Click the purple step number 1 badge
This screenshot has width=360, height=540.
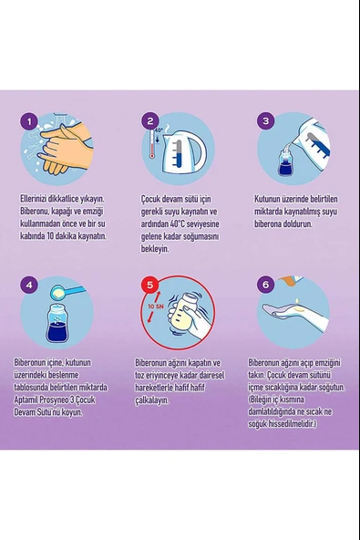[29, 121]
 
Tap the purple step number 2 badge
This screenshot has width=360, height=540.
[150, 121]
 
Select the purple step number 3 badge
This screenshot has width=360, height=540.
[266, 121]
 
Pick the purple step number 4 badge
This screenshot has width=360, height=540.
[29, 285]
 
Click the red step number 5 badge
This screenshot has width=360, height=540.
[150, 285]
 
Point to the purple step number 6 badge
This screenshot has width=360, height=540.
[266, 285]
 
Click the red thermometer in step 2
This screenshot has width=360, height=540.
[152, 144]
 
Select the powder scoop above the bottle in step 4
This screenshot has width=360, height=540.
[67, 292]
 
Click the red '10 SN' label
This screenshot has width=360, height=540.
[155, 306]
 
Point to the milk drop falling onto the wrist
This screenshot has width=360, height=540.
[297, 302]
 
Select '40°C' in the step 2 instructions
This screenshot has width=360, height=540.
[178, 223]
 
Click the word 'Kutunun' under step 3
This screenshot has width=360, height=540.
[267, 199]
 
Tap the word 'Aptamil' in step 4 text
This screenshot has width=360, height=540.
[26, 400]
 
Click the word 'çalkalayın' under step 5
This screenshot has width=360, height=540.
[152, 400]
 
